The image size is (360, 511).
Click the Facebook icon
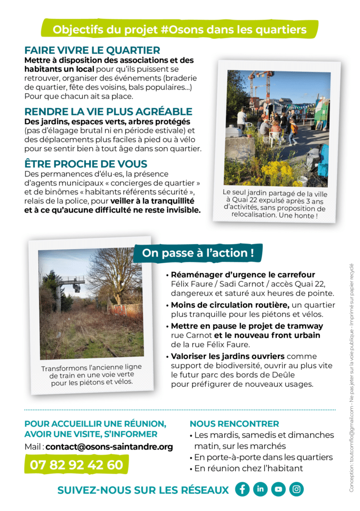(x=242, y=489)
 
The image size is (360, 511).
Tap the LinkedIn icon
(x=260, y=489)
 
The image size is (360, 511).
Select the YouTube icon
(x=278, y=489)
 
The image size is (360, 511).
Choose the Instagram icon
(x=296, y=489)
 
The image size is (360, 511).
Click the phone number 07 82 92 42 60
(x=76, y=465)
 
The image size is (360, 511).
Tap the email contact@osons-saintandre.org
(x=109, y=447)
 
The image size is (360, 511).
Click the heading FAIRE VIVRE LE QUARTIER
(x=92, y=50)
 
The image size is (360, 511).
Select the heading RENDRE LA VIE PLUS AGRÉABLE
(x=108, y=112)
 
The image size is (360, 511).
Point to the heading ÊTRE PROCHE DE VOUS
(x=86, y=164)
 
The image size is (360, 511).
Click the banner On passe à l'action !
(x=198, y=253)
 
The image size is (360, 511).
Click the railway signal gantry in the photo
(x=72, y=282)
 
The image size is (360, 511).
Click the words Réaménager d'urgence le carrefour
(x=243, y=274)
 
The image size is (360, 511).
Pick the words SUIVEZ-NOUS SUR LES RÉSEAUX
(x=143, y=490)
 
